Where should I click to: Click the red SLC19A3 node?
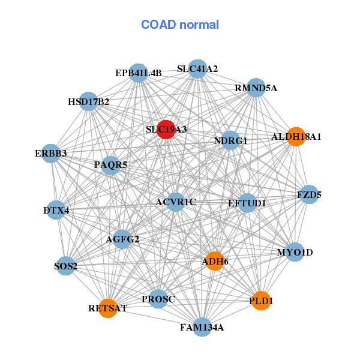tap(166, 130)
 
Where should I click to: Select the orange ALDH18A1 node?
tap(295, 136)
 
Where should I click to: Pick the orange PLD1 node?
tap(260, 301)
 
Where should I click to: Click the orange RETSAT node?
tap(108, 308)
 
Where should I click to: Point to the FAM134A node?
tap(202, 327)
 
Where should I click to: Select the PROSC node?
tap(158, 299)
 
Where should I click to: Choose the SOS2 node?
tap(65, 266)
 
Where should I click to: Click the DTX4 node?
tap(56, 210)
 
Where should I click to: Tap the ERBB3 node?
tap(52, 153)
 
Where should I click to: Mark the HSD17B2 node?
tap(89, 101)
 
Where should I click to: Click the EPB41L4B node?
tap(139, 73)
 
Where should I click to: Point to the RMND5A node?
tap(256, 88)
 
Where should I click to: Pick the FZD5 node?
tap(309, 194)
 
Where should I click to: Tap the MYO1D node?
tap(295, 252)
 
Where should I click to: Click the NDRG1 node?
tap(231, 140)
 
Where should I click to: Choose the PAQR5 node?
tap(110, 164)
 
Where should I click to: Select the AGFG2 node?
tap(122, 239)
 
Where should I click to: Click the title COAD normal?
tap(180, 25)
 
